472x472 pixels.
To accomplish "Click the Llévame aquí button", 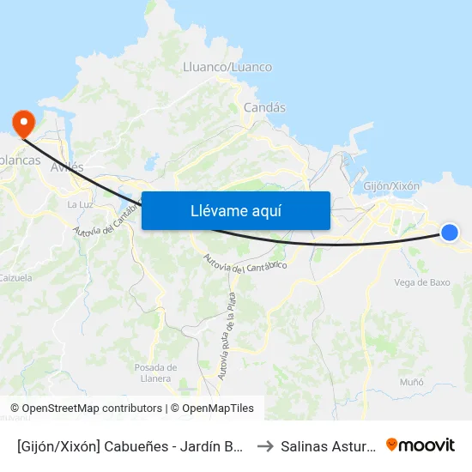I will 235,210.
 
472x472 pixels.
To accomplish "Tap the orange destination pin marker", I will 21,120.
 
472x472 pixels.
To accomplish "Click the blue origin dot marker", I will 449,232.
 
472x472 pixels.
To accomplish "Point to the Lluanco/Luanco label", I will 227,67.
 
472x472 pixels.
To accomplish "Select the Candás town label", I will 264,108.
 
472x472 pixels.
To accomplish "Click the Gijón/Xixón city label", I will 391,186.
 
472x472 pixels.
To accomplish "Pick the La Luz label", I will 79,204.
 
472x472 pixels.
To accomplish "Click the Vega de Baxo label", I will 421,282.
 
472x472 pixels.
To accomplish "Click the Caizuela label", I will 15,278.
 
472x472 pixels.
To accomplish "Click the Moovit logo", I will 421,445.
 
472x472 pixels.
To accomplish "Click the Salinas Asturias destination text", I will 326,445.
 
